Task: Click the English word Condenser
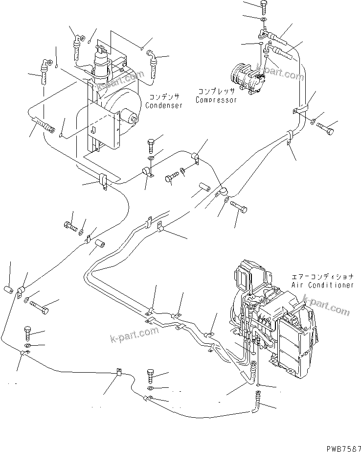pos(164,105)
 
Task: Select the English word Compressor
pos(216,100)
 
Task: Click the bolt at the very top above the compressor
pos(264,6)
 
